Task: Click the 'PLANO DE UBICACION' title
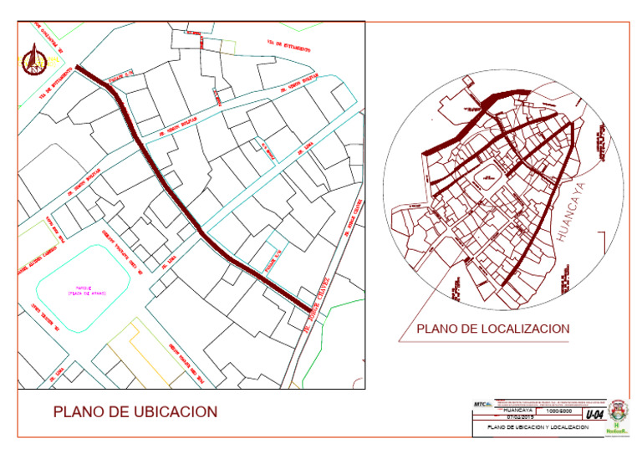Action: tap(135, 412)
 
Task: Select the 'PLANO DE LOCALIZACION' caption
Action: tap(492, 329)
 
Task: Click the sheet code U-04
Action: tap(594, 415)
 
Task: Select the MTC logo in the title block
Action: tap(482, 405)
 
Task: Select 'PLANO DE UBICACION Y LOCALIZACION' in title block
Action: tap(532, 427)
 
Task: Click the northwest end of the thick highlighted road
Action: tap(78, 67)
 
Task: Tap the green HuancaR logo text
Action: tap(619, 429)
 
